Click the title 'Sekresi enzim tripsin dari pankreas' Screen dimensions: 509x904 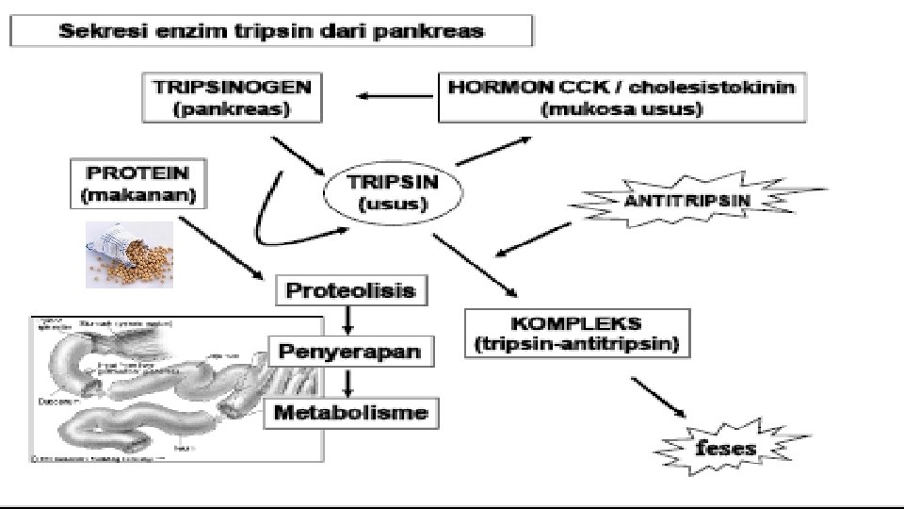[x=272, y=31]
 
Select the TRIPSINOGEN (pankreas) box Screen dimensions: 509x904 [x=232, y=98]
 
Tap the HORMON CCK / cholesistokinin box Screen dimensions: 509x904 [x=622, y=98]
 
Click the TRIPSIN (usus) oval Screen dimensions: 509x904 [x=394, y=192]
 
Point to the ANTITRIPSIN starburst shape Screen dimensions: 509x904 [x=686, y=200]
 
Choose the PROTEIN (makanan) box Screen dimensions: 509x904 [x=137, y=184]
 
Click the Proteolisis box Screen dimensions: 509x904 [x=350, y=290]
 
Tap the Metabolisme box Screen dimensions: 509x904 [x=351, y=412]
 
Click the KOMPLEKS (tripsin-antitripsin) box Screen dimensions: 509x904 [x=576, y=333]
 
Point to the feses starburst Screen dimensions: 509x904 [x=725, y=445]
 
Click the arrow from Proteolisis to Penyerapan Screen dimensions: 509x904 [x=349, y=320]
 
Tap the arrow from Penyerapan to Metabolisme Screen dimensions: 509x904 [x=349, y=383]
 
